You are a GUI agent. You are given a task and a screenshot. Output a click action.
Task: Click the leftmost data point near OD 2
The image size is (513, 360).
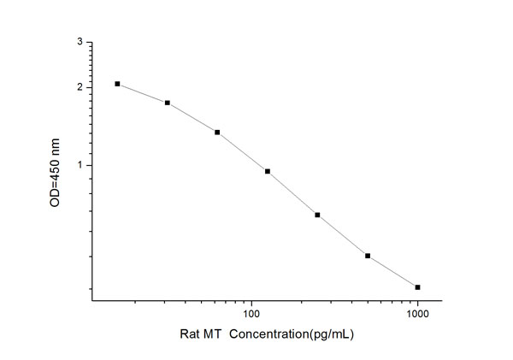(x=117, y=84)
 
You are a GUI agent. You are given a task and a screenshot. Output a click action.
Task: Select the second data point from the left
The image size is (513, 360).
(x=168, y=103)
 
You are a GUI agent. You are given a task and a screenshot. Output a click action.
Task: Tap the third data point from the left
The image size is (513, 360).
(x=217, y=133)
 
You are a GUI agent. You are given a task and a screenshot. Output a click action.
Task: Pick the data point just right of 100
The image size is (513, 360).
(x=268, y=171)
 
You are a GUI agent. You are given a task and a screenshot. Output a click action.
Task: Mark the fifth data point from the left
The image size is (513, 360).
(x=317, y=215)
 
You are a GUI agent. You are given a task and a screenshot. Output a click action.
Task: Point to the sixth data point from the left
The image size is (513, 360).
(x=368, y=256)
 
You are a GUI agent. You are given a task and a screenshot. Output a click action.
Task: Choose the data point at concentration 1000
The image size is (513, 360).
(x=417, y=287)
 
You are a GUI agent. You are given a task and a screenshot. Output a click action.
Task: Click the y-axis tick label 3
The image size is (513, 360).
(x=80, y=42)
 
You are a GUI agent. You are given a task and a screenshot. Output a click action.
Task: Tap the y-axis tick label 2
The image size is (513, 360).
(x=80, y=87)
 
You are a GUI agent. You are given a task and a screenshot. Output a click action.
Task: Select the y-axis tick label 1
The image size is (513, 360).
(x=80, y=165)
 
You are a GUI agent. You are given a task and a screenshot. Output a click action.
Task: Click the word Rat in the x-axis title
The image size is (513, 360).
(x=191, y=335)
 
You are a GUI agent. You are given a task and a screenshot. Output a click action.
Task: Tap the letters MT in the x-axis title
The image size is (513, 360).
(x=215, y=335)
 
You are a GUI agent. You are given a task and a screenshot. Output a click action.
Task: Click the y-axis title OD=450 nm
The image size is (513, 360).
(x=56, y=172)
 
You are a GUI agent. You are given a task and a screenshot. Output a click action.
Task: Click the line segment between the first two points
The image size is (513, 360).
(x=142, y=92)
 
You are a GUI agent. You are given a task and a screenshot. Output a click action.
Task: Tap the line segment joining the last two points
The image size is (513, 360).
(x=392, y=272)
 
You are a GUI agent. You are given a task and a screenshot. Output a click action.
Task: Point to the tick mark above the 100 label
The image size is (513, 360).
(x=251, y=299)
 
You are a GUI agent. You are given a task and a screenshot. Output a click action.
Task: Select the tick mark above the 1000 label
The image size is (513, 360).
(x=417, y=299)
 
